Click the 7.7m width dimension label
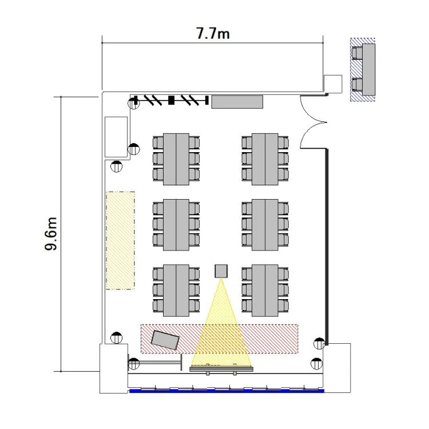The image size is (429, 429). [x=213, y=34]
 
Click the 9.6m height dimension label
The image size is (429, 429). [x=51, y=234]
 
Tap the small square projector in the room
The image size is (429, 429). [x=221, y=271]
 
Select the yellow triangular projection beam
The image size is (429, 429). [x=221, y=322]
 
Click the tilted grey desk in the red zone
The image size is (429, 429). [x=165, y=340]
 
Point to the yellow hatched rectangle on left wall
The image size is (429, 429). [x=120, y=240]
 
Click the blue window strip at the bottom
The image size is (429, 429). [x=227, y=391]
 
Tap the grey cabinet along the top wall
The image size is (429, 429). [x=237, y=102]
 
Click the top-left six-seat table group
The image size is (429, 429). [x=176, y=159]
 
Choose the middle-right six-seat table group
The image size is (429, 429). [x=265, y=225]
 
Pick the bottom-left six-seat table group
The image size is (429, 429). [x=176, y=290]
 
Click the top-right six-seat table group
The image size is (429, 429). [x=265, y=159]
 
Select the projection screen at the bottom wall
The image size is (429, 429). [x=221, y=369]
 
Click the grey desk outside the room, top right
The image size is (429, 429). [x=369, y=69]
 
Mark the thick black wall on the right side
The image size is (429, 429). [x=327, y=247]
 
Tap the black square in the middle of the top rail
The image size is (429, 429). [x=171, y=100]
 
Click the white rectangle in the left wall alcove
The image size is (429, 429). [x=116, y=137]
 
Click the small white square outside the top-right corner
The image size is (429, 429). [x=333, y=84]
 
